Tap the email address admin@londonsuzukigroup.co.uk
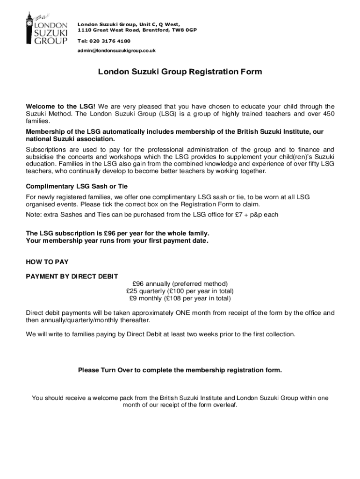(x=116, y=51)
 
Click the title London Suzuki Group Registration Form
(x=180, y=72)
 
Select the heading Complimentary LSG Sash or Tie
(x=77, y=186)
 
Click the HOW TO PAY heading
(x=47, y=262)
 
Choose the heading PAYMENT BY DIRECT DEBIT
(x=72, y=276)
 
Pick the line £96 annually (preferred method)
(x=180, y=284)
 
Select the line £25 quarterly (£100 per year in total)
(x=180, y=291)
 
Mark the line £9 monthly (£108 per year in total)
(x=180, y=298)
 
